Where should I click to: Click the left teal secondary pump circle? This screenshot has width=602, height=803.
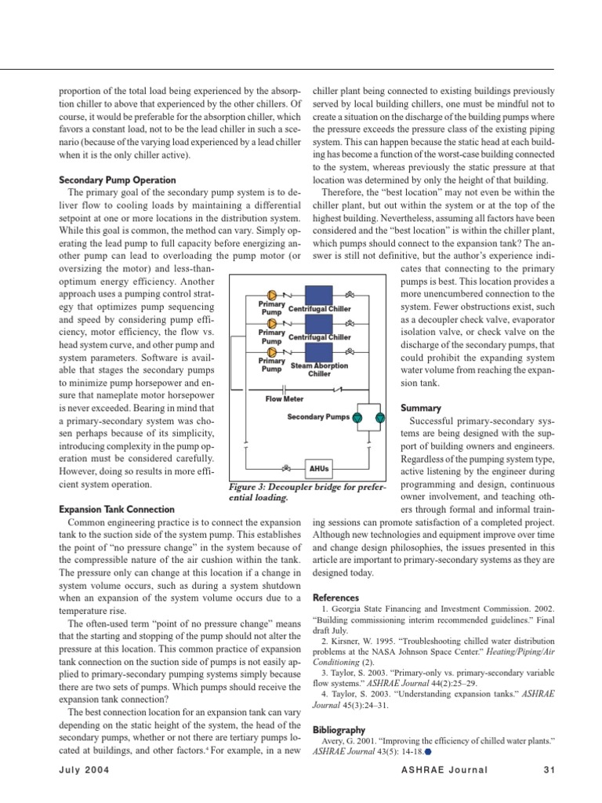[357, 418]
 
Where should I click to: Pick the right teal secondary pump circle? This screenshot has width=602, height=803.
[380, 418]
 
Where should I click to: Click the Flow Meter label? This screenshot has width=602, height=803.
[285, 398]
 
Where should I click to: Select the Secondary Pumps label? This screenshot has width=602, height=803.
[319, 417]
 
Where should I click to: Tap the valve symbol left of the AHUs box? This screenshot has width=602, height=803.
[288, 469]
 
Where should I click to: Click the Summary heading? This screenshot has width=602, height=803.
[422, 408]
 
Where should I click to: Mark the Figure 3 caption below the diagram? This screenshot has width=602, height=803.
[305, 492]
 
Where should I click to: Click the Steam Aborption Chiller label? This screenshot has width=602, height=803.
[319, 369]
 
